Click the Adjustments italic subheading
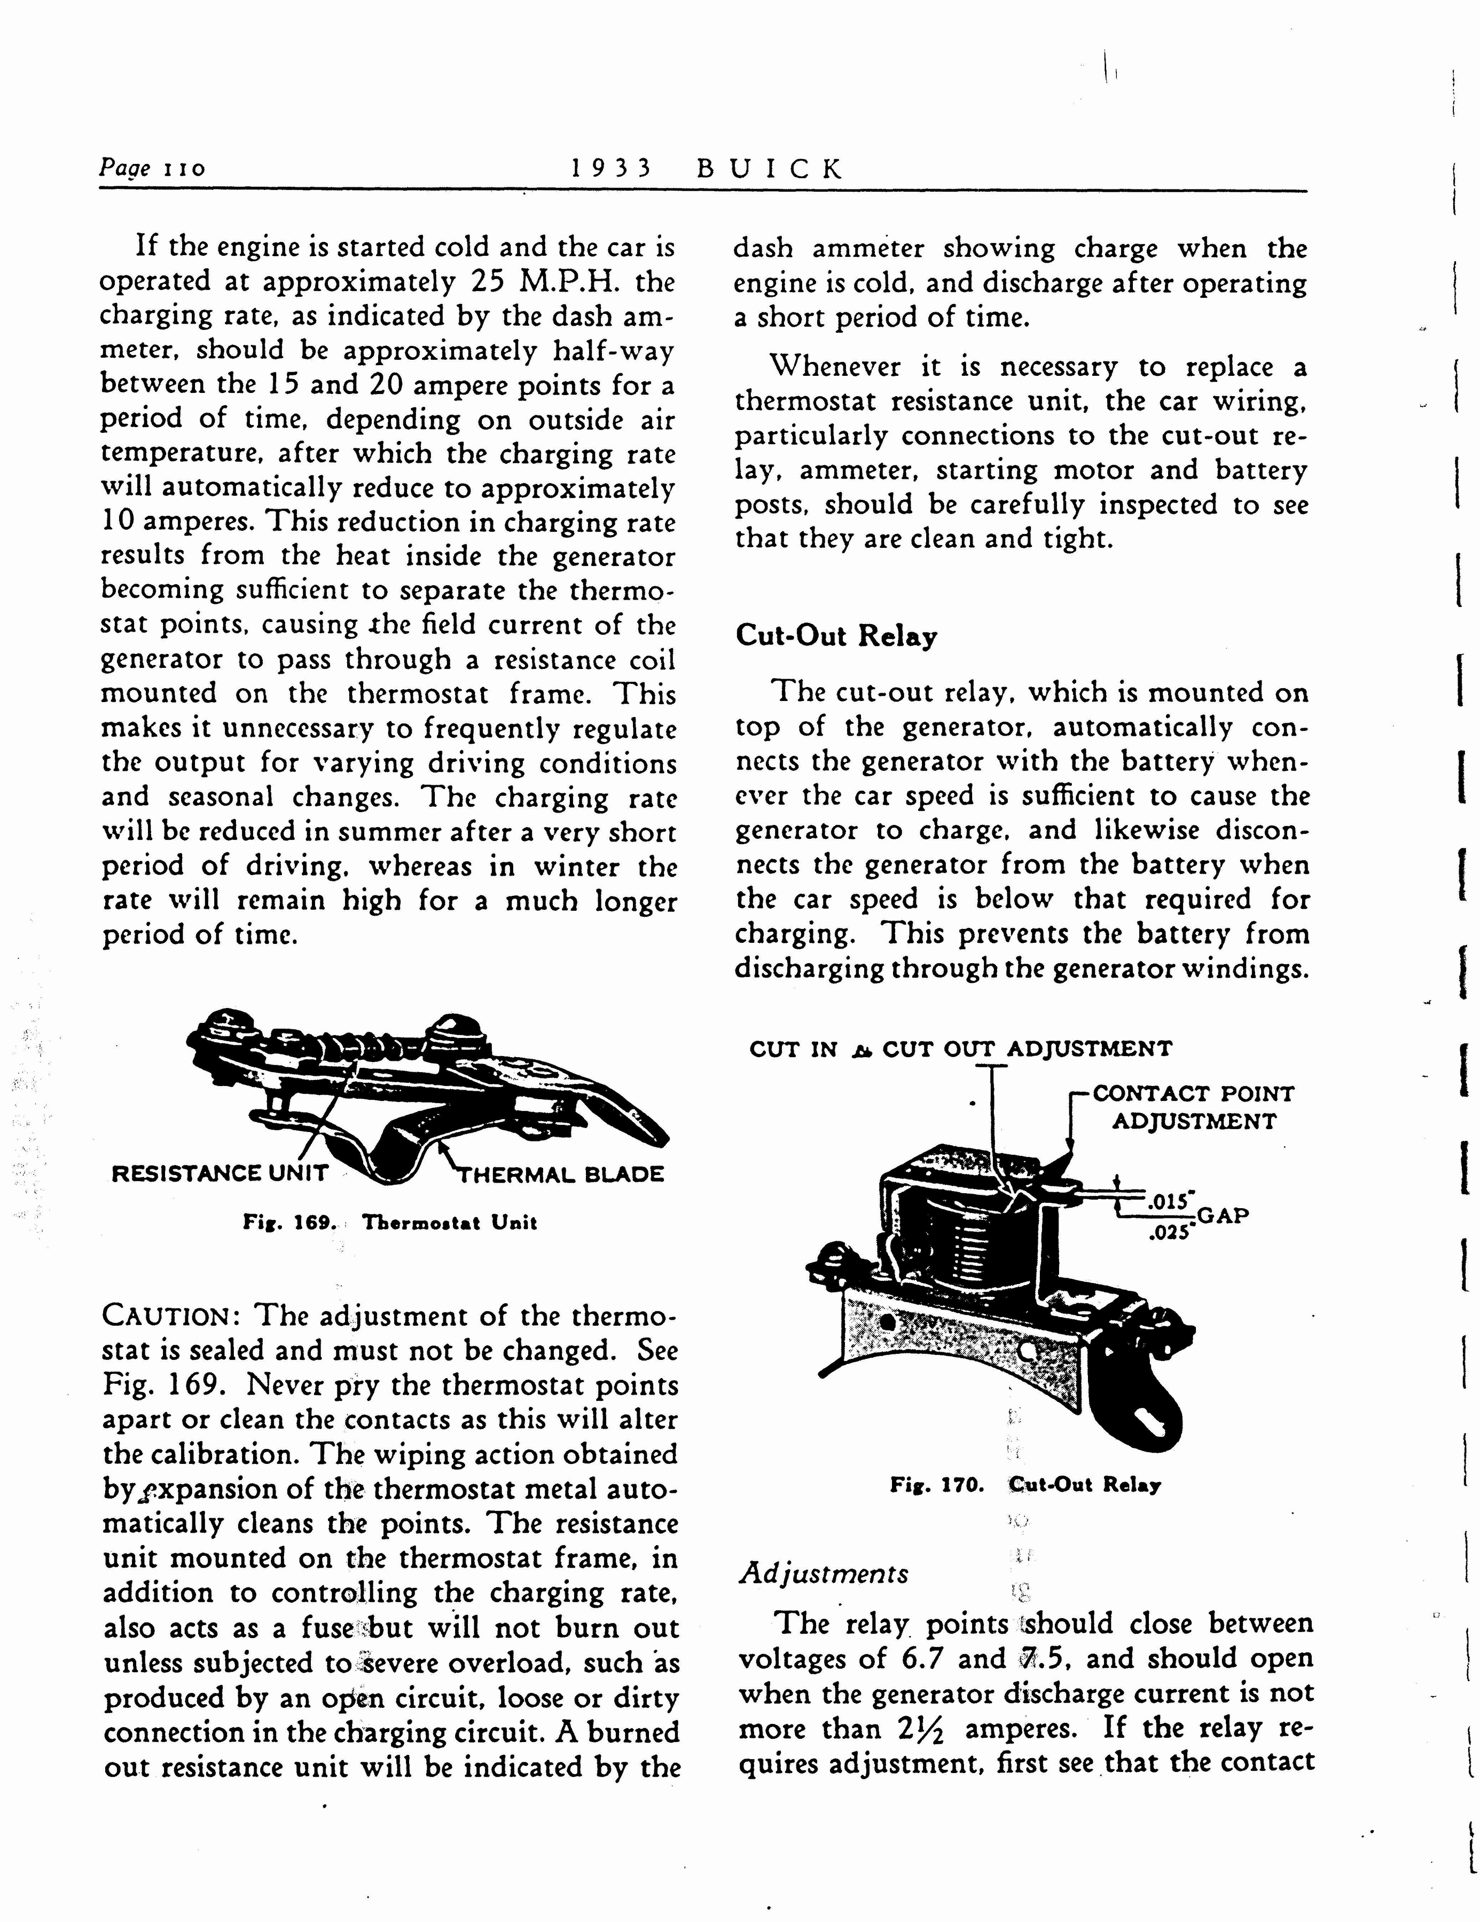tap(823, 1573)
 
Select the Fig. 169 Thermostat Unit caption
tap(389, 1223)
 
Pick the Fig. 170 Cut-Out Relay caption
tap(1025, 1485)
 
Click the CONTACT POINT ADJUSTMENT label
tap(1193, 1107)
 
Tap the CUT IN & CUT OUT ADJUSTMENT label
tap(960, 1049)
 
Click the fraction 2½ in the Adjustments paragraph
tap(923, 1728)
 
